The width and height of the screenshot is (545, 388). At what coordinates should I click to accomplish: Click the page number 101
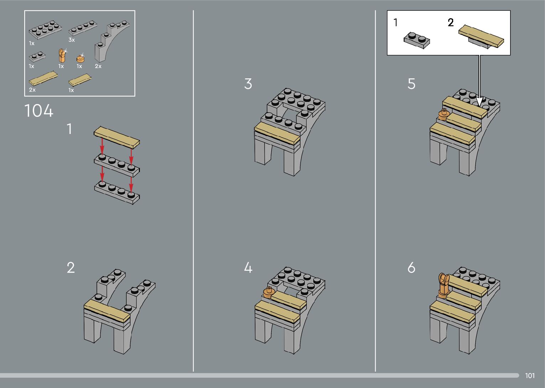click(x=530, y=376)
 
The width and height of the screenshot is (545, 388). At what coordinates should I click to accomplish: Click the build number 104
click(x=39, y=111)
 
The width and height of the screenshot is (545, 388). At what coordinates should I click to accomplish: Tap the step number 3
click(x=248, y=84)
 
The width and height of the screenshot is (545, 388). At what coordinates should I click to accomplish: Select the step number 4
click(x=248, y=268)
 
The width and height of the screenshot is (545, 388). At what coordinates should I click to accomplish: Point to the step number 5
click(x=412, y=84)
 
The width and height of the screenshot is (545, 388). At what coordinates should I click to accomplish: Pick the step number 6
click(x=412, y=268)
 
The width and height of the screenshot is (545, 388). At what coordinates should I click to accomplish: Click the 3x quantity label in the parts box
click(x=72, y=40)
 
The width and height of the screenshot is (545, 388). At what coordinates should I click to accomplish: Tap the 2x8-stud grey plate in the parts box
click(x=45, y=30)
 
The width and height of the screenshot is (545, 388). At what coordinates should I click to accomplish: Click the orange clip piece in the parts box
click(x=62, y=56)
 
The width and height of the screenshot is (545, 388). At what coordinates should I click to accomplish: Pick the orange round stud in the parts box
click(x=80, y=58)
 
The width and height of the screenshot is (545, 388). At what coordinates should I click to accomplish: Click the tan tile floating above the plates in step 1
click(x=117, y=137)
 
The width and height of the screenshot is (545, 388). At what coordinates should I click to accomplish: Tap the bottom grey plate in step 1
click(x=117, y=193)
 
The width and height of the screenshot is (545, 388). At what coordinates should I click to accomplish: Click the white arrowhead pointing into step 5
click(x=479, y=102)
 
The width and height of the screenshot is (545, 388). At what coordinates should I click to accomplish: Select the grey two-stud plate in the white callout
click(x=417, y=40)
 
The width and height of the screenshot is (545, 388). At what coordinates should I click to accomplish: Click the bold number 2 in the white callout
click(x=451, y=23)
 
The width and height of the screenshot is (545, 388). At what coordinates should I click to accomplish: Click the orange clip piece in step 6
click(x=444, y=285)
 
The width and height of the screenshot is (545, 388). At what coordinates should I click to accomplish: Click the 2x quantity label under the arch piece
click(x=98, y=66)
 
